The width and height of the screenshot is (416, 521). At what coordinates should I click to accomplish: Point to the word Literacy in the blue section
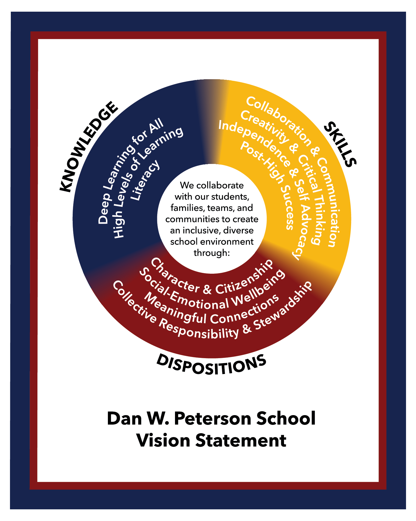[x=146, y=181]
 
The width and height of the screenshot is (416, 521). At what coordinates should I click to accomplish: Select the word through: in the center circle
[x=212, y=253]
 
